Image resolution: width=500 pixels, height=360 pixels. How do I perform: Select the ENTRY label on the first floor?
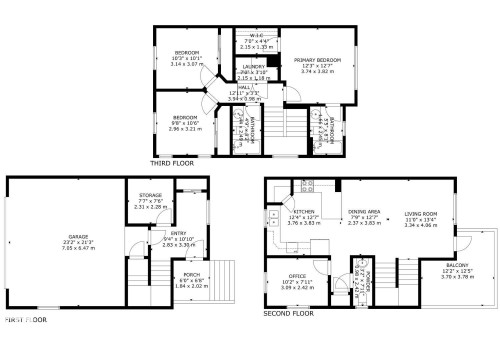(x=151, y=232)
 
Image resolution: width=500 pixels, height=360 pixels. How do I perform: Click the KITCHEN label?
(x=304, y=212)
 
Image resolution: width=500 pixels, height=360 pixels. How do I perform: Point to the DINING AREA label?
(x=363, y=212)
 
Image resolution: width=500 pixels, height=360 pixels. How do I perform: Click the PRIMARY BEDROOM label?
(x=319, y=59)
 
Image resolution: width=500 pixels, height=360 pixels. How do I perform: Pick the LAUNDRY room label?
(x=254, y=67)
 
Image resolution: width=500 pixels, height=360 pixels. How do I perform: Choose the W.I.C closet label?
(x=256, y=36)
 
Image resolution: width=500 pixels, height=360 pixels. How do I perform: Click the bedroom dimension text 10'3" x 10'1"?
(x=188, y=58)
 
